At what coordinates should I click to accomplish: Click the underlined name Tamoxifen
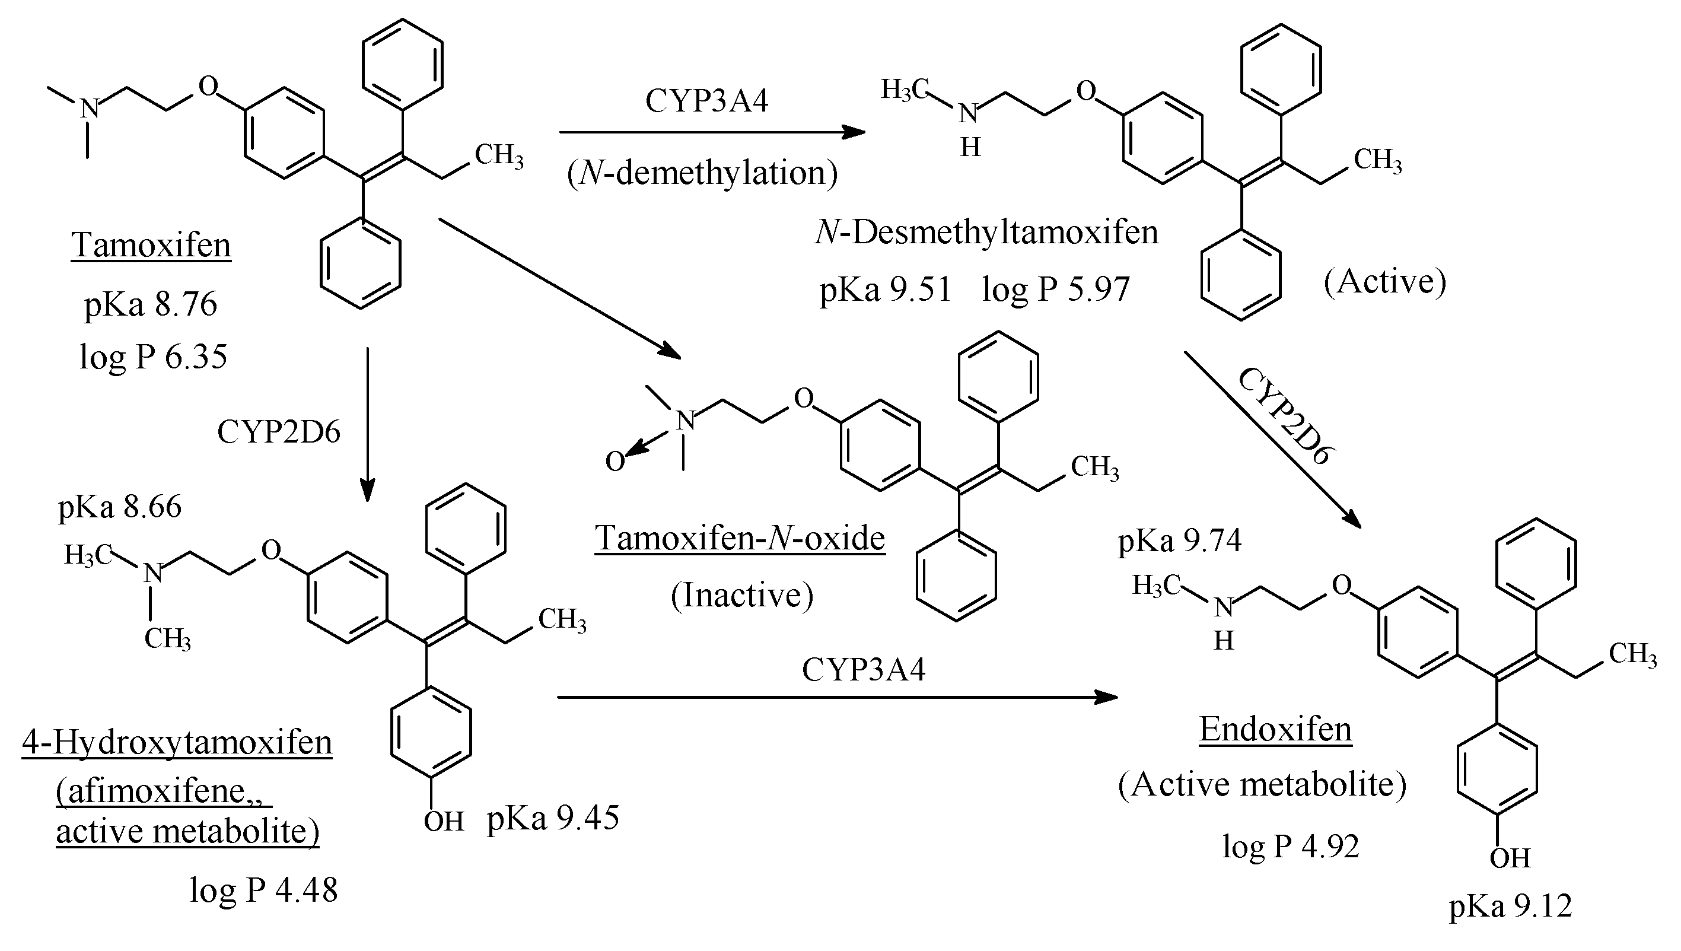[x=151, y=246]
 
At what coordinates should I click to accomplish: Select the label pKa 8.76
[x=150, y=304]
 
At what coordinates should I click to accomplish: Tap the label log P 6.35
[x=153, y=357]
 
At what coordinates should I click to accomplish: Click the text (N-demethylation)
[x=702, y=173]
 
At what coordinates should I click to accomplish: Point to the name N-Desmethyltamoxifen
[x=987, y=233]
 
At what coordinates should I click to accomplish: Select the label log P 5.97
[x=1055, y=290]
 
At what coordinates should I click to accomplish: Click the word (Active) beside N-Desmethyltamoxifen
[x=1385, y=282]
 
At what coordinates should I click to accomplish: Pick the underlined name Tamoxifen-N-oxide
[x=739, y=538]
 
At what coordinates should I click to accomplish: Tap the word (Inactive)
[x=743, y=595]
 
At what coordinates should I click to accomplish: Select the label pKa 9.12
[x=1511, y=907]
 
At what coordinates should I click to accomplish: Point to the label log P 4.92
[x=1291, y=847]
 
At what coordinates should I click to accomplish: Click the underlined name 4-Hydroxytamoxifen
[x=177, y=743]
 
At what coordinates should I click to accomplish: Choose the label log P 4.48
[x=264, y=890]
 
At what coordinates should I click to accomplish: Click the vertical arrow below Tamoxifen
[x=368, y=425]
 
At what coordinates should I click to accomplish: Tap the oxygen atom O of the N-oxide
[x=615, y=462]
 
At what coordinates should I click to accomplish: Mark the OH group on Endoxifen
[x=1509, y=858]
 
